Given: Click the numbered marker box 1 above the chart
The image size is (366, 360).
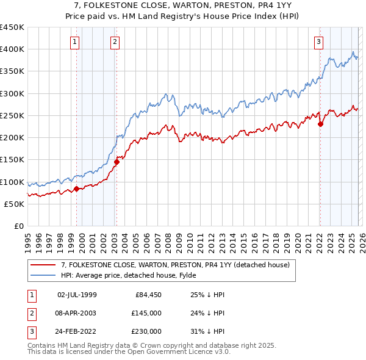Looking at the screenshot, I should [x=74, y=42].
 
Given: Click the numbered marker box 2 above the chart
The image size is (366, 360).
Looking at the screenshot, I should [x=115, y=42].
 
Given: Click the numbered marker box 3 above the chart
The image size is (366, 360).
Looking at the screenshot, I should [x=318, y=42].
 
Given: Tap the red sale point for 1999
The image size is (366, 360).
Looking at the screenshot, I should [x=76, y=189].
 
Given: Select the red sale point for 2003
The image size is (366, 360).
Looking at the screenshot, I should [x=117, y=162].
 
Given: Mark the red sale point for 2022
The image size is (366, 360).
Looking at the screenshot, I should [x=320, y=124].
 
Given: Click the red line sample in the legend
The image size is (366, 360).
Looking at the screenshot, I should [x=43, y=264].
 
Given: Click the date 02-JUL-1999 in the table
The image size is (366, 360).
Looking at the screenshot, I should [x=77, y=295].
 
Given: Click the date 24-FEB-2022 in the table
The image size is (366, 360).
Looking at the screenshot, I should [x=77, y=331].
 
